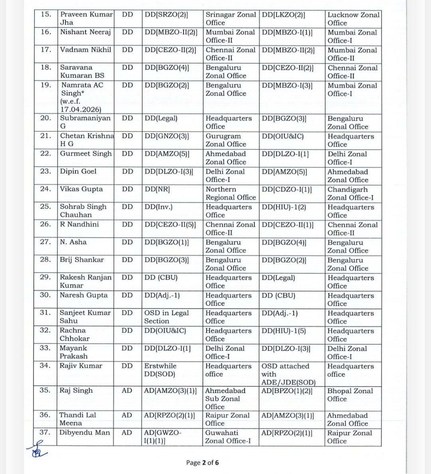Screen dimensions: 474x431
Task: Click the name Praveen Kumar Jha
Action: point(86,18)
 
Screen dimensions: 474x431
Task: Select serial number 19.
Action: point(46,85)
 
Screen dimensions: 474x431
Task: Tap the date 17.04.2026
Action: point(81,109)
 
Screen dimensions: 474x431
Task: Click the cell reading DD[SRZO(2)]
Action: point(166,15)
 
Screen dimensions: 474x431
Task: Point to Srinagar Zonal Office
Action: point(230,18)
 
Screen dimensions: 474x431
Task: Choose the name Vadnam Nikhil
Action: point(85,50)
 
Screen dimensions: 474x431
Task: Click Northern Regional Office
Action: point(230,193)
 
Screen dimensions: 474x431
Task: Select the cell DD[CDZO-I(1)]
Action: point(287,190)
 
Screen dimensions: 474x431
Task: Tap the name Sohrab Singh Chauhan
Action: point(83,211)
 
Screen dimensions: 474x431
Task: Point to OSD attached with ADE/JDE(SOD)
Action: point(288,374)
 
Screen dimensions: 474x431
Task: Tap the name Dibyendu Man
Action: point(84,433)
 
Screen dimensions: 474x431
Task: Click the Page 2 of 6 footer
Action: point(202,463)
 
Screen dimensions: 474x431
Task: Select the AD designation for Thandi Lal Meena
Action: point(127,415)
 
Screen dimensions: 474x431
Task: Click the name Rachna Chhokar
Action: point(74,334)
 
